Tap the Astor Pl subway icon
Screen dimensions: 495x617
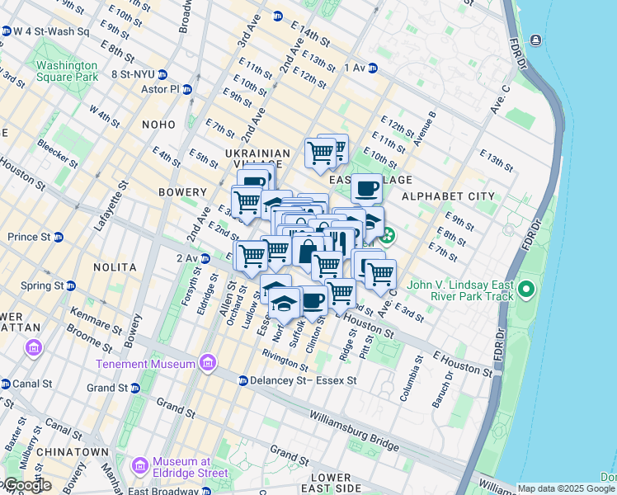(187, 89)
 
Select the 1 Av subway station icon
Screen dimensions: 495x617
(373, 68)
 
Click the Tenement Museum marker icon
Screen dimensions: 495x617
(207, 364)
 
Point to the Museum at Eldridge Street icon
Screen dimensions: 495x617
(139, 467)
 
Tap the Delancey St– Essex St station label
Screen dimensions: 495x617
(303, 381)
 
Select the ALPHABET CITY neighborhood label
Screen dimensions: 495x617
(448, 196)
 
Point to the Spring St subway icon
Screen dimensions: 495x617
(71, 285)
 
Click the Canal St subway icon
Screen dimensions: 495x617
(6, 384)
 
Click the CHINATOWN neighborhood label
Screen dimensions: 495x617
(78, 452)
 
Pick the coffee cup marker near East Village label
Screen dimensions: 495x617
(366, 188)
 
